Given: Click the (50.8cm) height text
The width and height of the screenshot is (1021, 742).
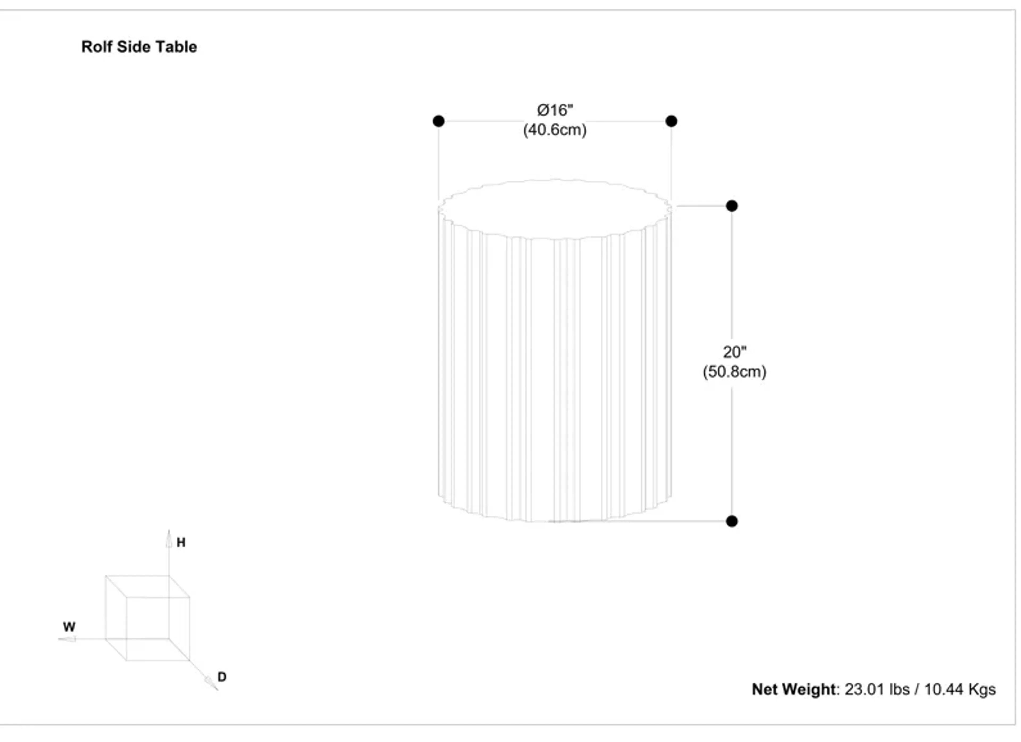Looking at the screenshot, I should coord(734,372).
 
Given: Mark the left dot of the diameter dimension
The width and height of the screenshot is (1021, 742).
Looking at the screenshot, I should coord(438,121).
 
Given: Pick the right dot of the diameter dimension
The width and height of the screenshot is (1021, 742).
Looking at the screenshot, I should coord(671,121).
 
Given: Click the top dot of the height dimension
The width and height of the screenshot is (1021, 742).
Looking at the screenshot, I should coord(732,206).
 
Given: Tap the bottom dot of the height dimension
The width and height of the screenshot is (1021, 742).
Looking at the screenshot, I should coord(732,521).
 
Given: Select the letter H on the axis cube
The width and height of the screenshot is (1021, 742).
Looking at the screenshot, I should coord(181,543).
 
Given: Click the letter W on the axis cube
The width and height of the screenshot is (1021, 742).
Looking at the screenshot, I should coord(69,627).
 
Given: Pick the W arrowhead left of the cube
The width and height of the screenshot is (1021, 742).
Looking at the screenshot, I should coord(68,639).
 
